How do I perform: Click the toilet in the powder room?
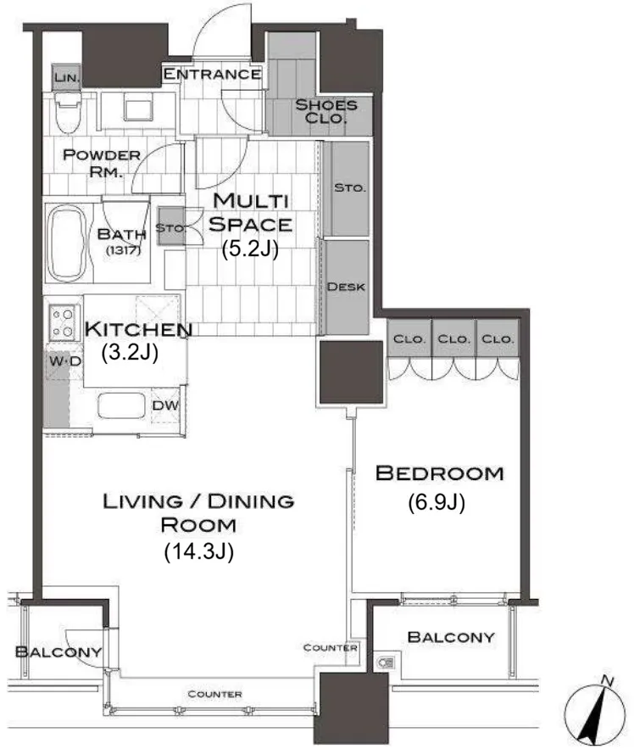point(67,112)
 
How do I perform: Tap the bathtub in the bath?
point(68,243)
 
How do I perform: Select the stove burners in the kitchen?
point(63,322)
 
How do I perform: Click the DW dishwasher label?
point(165,405)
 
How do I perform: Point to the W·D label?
point(64,361)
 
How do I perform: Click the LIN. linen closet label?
point(66,77)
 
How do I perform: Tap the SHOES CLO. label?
point(326,111)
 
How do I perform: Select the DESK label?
point(346,287)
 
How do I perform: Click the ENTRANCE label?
point(212,74)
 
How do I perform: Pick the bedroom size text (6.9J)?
point(437,502)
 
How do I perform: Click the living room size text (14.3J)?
point(198,551)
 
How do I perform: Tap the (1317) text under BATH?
point(123,250)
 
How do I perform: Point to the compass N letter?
point(608,681)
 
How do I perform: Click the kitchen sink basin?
point(122,405)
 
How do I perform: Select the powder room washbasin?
point(138,106)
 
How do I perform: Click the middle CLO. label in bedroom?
point(453,339)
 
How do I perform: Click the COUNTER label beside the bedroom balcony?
point(330,647)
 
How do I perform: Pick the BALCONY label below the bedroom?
point(451,637)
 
